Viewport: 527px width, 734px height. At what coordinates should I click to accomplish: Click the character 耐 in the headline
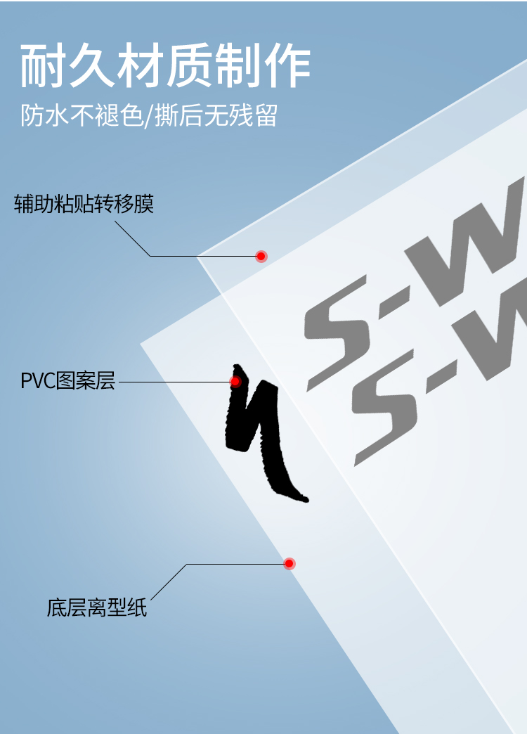click(44, 66)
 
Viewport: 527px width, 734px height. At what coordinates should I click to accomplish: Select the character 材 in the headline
click(141, 66)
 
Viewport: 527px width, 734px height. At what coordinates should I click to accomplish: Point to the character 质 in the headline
click(190, 66)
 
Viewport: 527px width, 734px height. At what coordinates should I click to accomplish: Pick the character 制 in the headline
click(238, 66)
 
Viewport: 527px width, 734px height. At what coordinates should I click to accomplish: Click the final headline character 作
click(287, 66)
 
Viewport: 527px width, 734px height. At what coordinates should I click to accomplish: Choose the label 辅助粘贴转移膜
click(84, 205)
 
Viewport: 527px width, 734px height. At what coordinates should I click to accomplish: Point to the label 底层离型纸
click(97, 607)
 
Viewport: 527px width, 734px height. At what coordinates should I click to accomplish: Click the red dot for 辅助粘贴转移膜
click(261, 256)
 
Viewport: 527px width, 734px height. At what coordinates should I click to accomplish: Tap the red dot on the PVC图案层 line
click(235, 382)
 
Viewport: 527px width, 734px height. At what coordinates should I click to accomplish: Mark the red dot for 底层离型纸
click(289, 563)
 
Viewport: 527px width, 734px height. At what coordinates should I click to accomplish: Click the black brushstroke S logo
click(259, 432)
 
